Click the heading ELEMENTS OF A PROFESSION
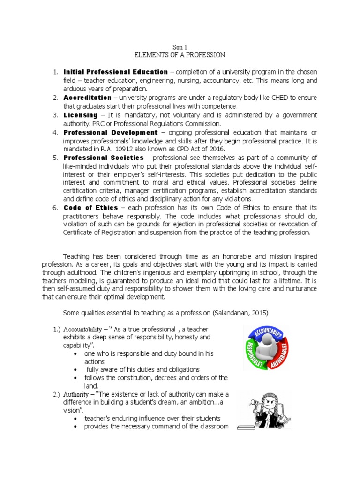coord(180,55)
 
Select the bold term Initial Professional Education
coord(115,72)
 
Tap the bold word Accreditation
coord(88,97)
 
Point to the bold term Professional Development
coord(111,133)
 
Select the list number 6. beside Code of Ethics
coord(55,207)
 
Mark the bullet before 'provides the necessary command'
coord(76,427)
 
